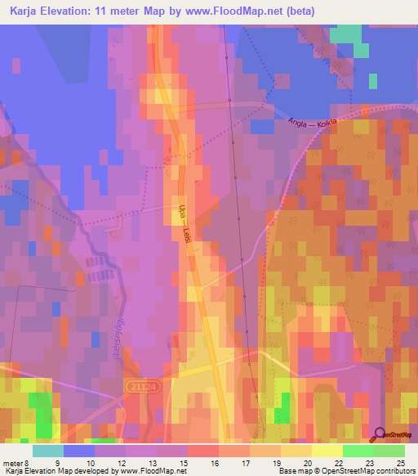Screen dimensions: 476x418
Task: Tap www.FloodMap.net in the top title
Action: point(253,11)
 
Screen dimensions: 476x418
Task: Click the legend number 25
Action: point(400,462)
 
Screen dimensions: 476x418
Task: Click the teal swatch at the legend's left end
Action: point(47,451)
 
